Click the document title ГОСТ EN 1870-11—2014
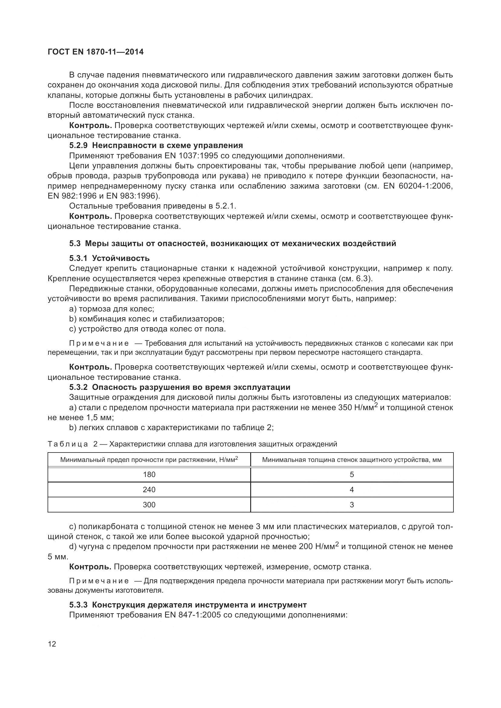tap(96, 52)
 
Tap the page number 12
tap(52, 644)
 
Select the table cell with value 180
tap(149, 475)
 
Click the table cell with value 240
tap(149, 490)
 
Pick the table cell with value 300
tap(149, 505)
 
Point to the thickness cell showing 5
tap(352, 475)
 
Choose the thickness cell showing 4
tap(352, 490)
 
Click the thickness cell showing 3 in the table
tap(352, 505)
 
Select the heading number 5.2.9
tap(79, 145)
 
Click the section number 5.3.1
tap(79, 258)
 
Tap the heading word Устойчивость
tap(121, 258)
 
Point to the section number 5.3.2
tap(79, 387)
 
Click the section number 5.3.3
tap(79, 605)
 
